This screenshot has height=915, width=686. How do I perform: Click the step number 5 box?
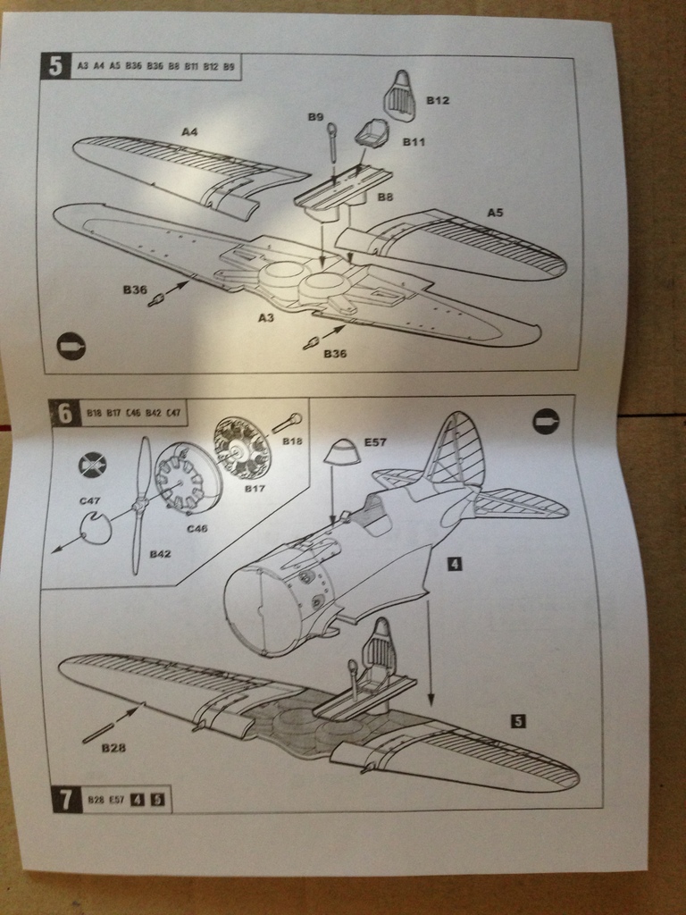[x=54, y=66]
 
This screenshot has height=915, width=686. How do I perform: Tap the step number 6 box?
[x=63, y=413]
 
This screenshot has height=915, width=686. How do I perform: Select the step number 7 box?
[x=66, y=799]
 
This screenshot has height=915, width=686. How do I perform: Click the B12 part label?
[x=438, y=101]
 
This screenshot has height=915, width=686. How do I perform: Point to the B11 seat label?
[x=414, y=141]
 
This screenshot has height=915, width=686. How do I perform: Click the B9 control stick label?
[x=315, y=117]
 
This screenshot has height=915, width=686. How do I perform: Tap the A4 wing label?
[x=189, y=132]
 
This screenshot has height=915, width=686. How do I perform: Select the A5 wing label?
[x=496, y=213]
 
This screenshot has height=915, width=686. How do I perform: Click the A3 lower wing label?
[x=266, y=316]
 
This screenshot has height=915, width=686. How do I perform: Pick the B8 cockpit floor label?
[x=385, y=197]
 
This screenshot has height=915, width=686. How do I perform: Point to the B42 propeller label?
[x=161, y=554]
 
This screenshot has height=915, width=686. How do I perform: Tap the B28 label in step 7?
[x=113, y=748]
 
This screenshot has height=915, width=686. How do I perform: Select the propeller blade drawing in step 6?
[x=140, y=505]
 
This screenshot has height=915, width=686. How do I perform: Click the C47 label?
[x=89, y=501]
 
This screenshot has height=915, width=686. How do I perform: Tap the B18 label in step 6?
[x=292, y=441]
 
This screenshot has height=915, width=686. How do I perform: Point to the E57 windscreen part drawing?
[x=340, y=453]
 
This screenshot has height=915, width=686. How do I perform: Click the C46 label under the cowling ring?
[x=197, y=528]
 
